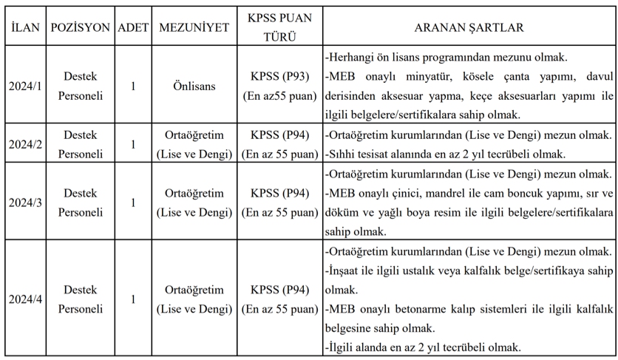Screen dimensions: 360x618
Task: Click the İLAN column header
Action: [x=26, y=27]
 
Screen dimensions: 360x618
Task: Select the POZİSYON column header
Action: [x=81, y=27]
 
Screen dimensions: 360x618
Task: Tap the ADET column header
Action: [x=133, y=27]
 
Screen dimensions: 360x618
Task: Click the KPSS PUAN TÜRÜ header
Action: [x=279, y=27]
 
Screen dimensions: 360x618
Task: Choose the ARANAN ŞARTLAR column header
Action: [x=469, y=27]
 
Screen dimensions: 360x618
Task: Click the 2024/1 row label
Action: [x=26, y=86]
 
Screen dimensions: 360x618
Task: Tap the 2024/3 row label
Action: [x=26, y=203]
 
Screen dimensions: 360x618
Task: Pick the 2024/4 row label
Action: [x=26, y=299]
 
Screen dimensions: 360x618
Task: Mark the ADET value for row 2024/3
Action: [x=133, y=203]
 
